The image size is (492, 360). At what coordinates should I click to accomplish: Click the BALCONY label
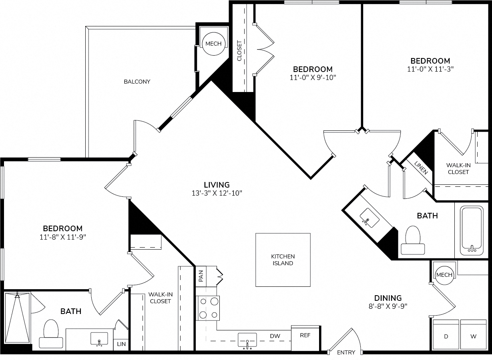[x=137, y=82]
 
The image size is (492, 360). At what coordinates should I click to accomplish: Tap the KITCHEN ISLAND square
[x=283, y=260]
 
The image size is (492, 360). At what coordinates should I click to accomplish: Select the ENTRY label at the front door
[x=346, y=352]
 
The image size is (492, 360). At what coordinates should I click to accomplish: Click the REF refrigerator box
[x=305, y=338]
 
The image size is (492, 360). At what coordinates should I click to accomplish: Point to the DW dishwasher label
[x=275, y=336]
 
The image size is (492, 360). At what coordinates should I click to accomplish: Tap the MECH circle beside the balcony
[x=213, y=44]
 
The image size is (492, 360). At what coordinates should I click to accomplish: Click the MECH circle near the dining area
[x=444, y=275]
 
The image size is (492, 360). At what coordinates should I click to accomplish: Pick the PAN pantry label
[x=201, y=276]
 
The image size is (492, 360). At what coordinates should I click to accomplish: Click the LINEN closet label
[x=421, y=168]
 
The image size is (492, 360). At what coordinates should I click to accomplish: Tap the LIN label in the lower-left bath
[x=121, y=344]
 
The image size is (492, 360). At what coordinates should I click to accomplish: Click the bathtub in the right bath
[x=472, y=230]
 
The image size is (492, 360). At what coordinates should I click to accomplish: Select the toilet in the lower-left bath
[x=51, y=334]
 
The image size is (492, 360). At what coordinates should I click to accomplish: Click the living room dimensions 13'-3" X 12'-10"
[x=217, y=193]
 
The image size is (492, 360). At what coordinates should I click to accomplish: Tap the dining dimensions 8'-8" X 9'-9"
[x=388, y=306]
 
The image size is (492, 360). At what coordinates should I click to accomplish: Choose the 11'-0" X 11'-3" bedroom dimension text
[x=430, y=69]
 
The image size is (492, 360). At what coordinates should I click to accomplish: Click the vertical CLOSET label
[x=239, y=51]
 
